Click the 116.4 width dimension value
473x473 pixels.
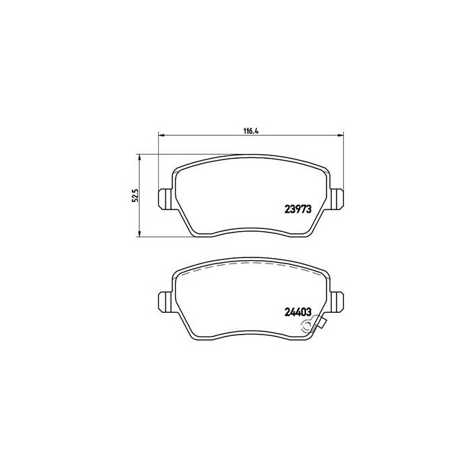251,131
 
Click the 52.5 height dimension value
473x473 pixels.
135,195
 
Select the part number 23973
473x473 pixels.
298,209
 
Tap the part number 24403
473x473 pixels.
298,312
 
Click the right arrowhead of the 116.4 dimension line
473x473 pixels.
341,135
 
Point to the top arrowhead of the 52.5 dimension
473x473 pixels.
139,157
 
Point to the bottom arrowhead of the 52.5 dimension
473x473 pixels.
139,234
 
